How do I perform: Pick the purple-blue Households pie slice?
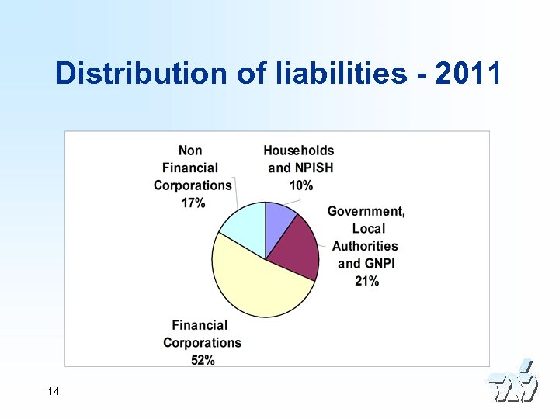(x=279, y=220)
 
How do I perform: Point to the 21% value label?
(x=366, y=281)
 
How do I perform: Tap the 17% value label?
(x=193, y=203)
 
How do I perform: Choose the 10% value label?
(x=301, y=185)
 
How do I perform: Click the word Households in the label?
(x=298, y=151)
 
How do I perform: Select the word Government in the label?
(x=366, y=211)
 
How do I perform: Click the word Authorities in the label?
(x=365, y=246)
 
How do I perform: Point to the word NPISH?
(x=313, y=168)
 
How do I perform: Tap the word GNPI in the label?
(x=378, y=264)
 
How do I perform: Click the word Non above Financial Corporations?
(x=190, y=151)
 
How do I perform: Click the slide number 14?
(x=54, y=391)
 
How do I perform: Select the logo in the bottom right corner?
(x=512, y=383)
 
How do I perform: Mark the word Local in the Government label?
(x=369, y=229)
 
